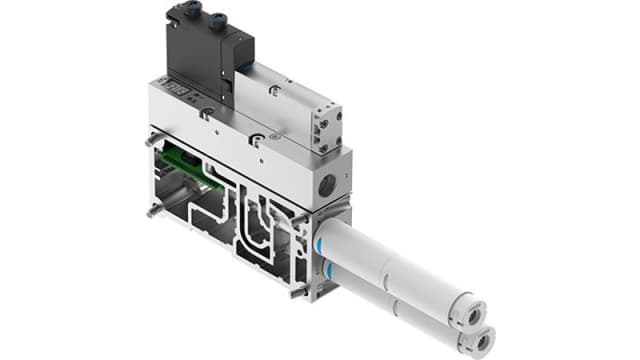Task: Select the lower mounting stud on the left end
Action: [151, 211]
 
